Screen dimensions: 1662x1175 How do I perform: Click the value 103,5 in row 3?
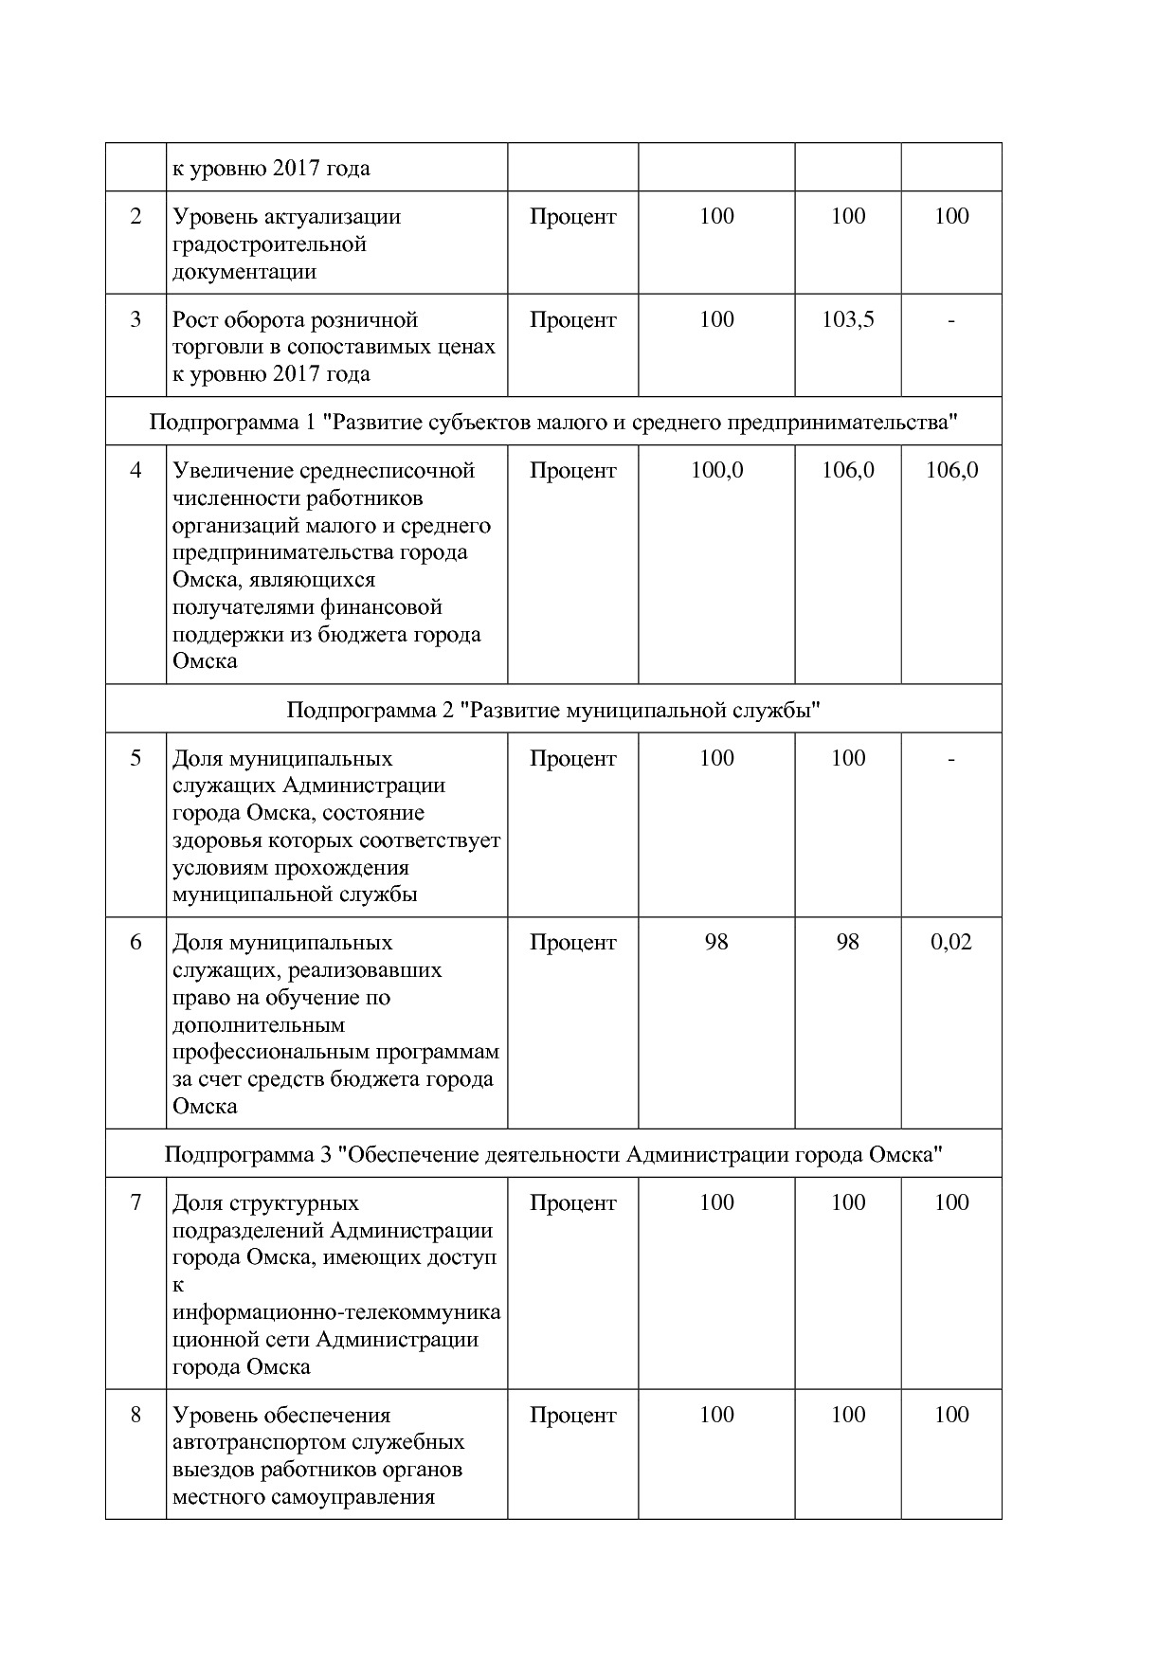(847, 320)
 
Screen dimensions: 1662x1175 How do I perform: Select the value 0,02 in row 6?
(950, 942)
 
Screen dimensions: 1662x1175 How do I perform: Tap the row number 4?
(136, 470)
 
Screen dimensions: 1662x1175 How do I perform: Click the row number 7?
(136, 1202)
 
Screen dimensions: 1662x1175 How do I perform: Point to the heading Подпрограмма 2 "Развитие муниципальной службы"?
(552, 710)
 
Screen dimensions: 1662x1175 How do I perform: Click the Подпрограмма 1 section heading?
(552, 422)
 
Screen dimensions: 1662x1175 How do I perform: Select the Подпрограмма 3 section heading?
(552, 1155)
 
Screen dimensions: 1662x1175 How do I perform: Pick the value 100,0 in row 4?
(716, 470)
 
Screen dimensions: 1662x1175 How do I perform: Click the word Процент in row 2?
(572, 217)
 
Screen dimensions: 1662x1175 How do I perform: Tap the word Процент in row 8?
(572, 1415)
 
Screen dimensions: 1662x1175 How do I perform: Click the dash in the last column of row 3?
(950, 321)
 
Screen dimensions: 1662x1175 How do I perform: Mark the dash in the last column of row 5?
(950, 759)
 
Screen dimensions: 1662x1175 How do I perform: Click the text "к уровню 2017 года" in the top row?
(271, 169)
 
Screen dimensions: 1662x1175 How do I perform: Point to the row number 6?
(136, 942)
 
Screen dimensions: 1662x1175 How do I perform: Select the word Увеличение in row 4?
(233, 471)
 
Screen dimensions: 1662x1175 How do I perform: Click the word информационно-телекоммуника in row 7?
(336, 1313)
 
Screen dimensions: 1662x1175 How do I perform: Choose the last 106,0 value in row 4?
(950, 470)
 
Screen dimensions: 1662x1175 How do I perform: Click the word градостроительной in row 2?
(269, 244)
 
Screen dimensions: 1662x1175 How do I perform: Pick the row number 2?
(136, 217)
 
